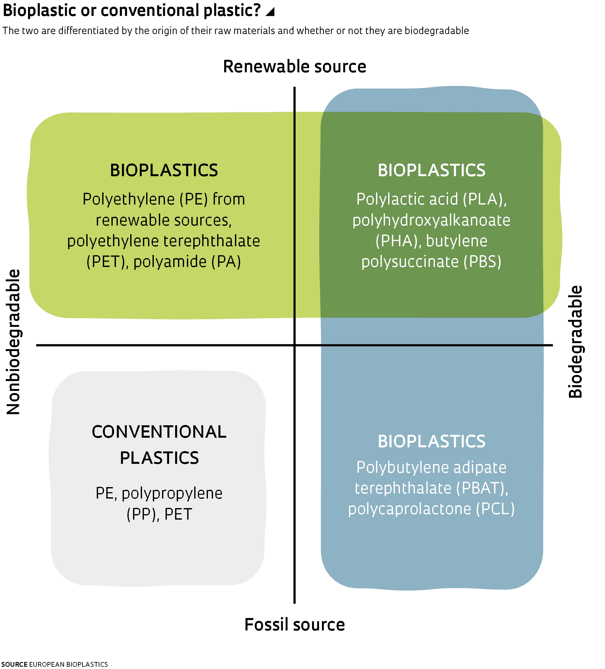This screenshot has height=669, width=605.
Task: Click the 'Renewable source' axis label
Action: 294,67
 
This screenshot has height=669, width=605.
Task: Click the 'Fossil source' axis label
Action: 294,624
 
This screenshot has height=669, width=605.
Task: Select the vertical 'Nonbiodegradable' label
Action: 14,342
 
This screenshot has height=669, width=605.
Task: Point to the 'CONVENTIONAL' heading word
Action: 159,432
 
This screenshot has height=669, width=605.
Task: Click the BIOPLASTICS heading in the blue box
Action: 431,441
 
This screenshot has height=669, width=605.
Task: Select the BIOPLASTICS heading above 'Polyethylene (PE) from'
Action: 164,170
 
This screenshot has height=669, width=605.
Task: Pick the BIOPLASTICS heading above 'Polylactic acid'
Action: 431,170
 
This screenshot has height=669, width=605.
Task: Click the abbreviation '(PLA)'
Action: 485,199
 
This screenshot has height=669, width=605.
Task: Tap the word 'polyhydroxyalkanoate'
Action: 431,220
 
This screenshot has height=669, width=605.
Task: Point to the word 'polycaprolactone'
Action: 409,509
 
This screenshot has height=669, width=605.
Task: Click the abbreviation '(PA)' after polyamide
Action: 226,262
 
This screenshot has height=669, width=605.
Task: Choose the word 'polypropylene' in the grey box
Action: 172,493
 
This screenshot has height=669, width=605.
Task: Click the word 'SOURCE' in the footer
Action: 14,664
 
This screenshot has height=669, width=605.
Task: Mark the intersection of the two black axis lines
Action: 294,345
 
